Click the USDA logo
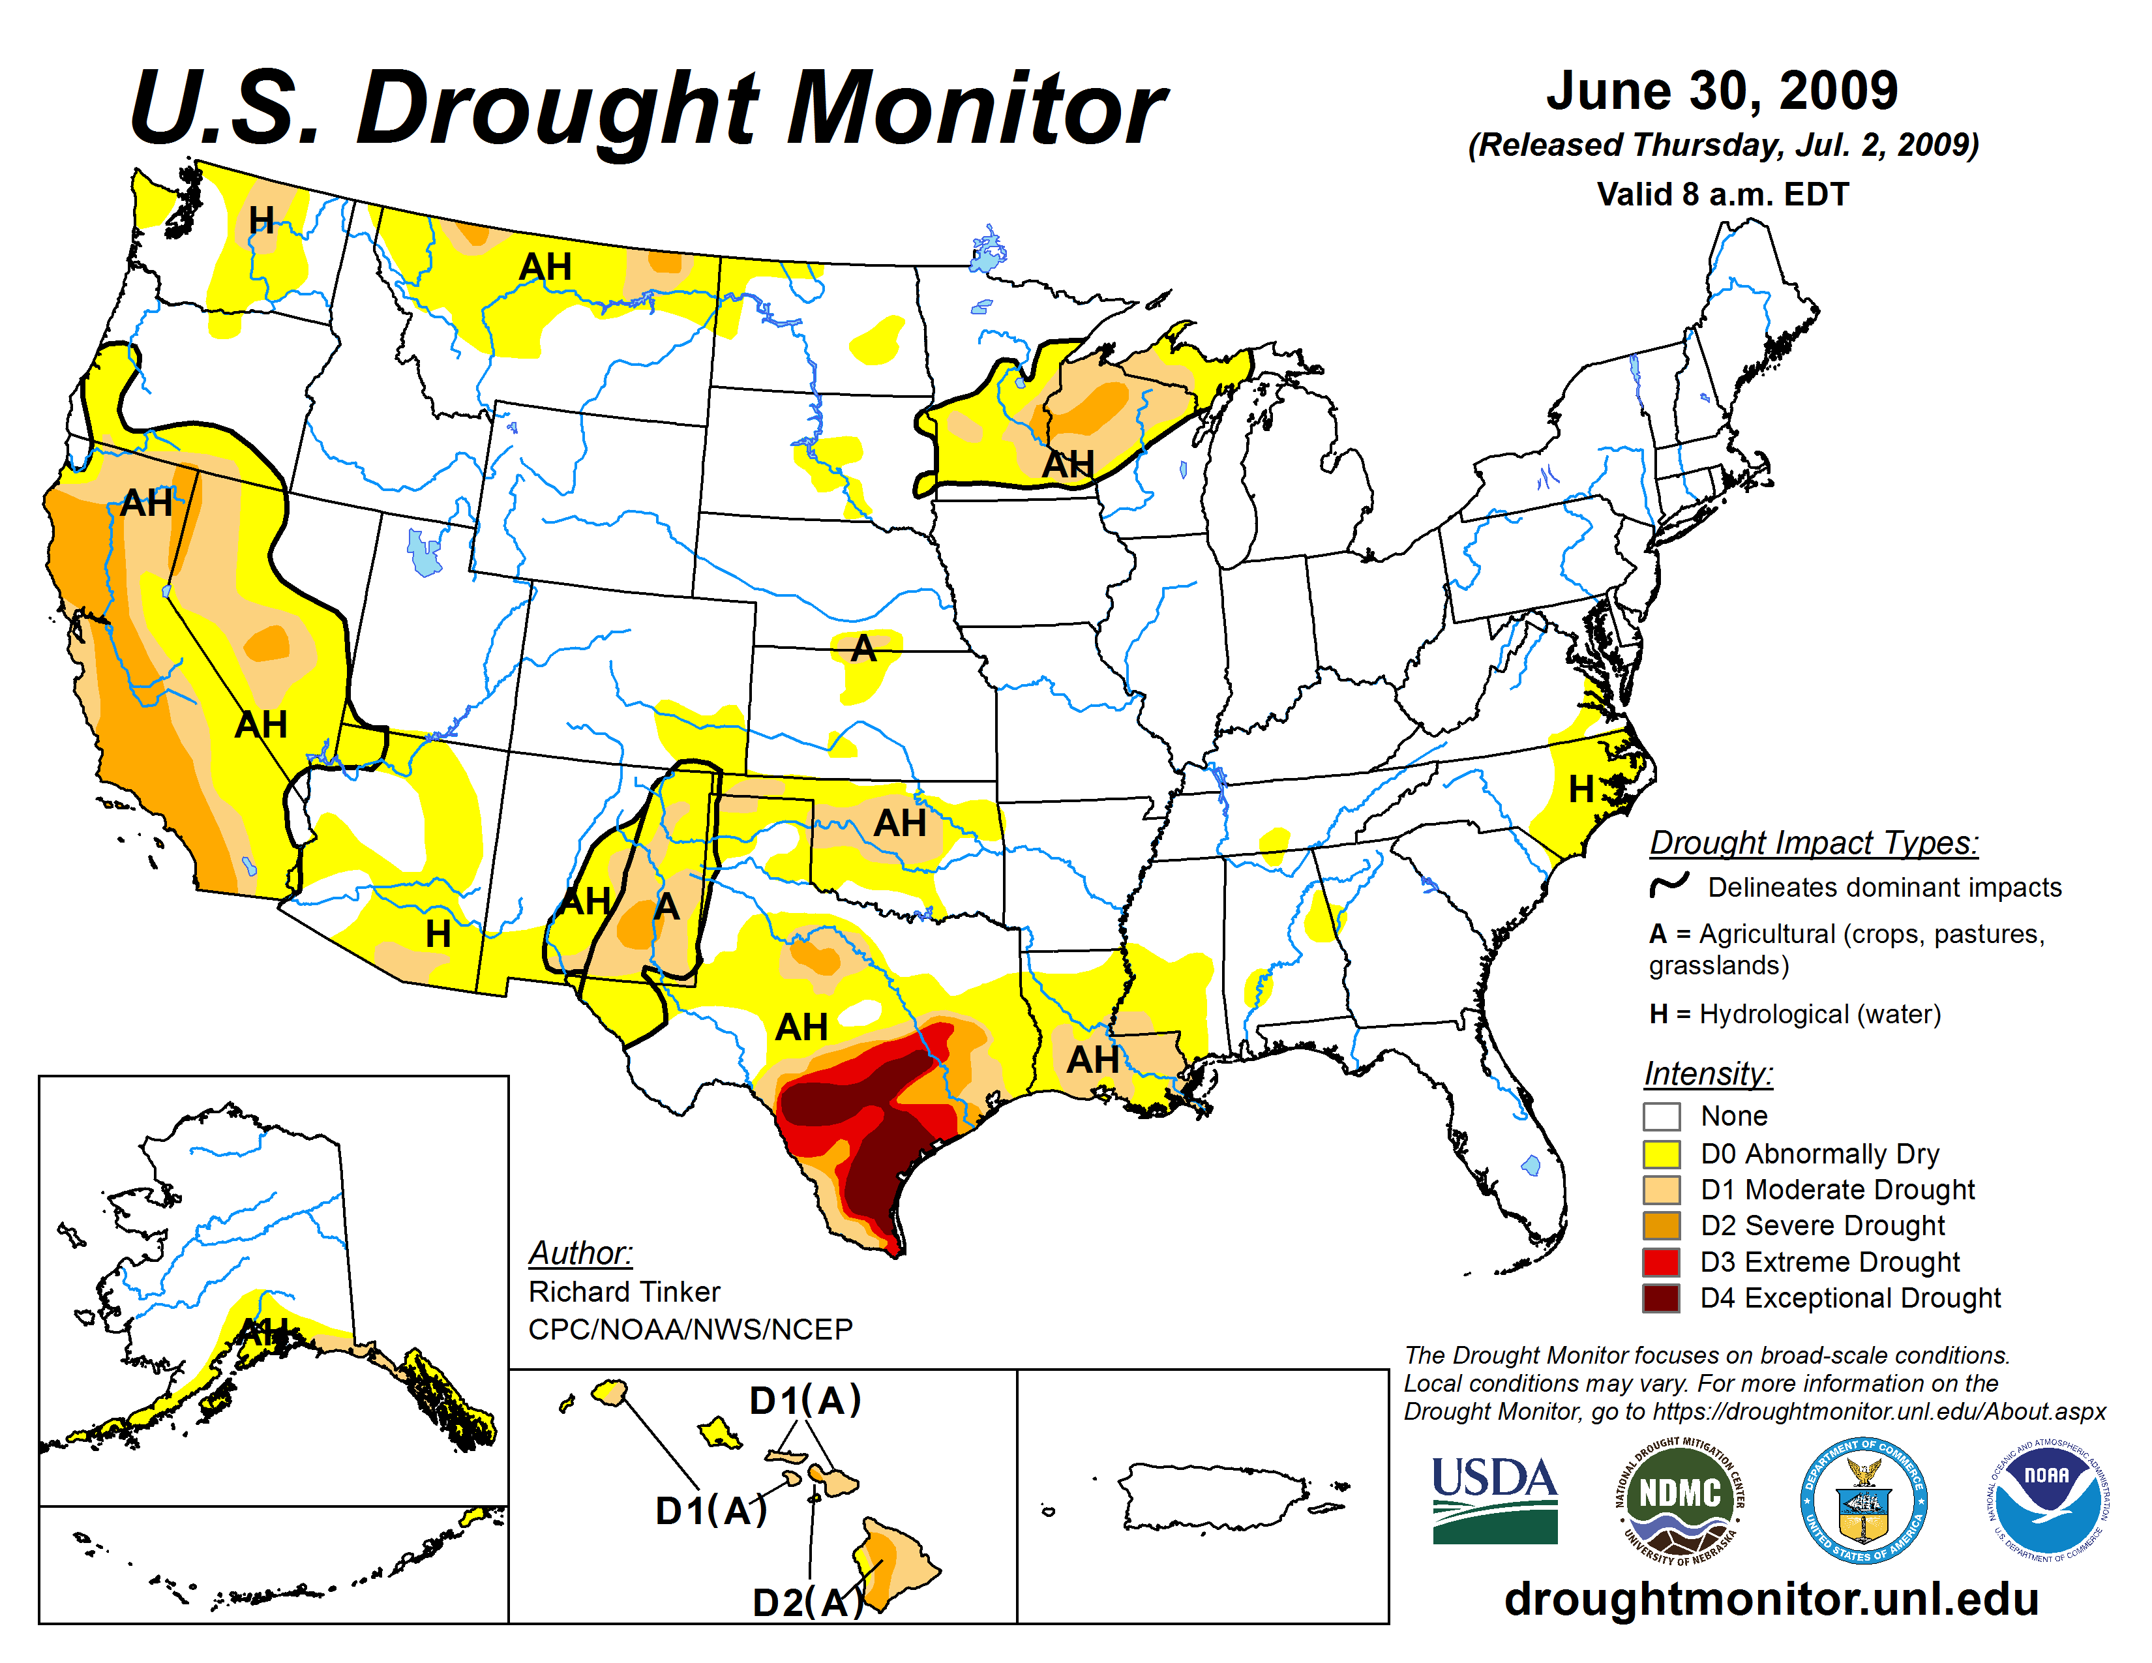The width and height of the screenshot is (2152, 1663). coord(1494,1499)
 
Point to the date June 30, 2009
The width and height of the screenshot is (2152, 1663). coord(1722,91)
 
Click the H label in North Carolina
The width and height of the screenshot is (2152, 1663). coord(1581,789)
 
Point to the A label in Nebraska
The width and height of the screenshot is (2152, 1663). coord(864,648)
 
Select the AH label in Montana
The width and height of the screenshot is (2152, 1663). coord(545,267)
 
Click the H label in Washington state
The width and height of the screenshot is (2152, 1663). coord(261,220)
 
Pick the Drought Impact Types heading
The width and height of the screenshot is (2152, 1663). coord(1813,843)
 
